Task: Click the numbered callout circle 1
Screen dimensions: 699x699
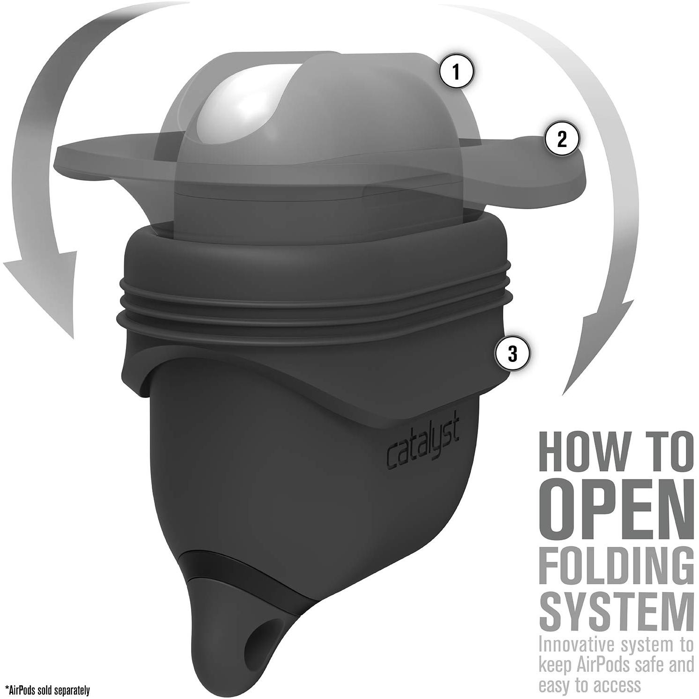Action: (x=456, y=72)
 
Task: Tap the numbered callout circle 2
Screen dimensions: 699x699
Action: (x=562, y=139)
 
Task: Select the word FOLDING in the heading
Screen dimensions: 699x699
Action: (x=616, y=567)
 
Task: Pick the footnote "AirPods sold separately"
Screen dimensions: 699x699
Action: (x=47, y=690)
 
